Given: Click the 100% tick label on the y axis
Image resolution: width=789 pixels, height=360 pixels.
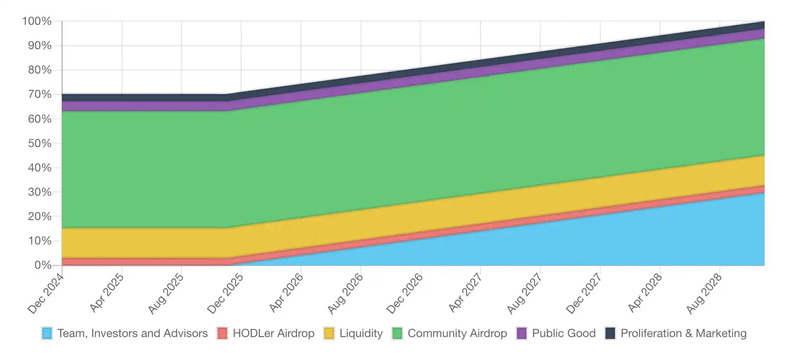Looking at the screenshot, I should point(37,21).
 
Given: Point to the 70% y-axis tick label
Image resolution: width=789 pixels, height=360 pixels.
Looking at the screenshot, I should point(40,95).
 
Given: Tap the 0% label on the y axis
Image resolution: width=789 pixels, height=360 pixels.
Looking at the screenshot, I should point(43,265).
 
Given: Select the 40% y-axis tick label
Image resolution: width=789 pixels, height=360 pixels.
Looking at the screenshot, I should point(40,168).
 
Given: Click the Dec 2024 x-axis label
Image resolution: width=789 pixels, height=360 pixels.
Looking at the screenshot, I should point(46,293).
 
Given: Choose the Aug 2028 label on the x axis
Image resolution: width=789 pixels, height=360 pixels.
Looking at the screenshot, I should point(704,294).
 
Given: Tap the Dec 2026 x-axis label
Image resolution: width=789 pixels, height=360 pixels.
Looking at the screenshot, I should point(405,293).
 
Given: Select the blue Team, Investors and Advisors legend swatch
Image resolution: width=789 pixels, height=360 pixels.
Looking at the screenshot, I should point(47,333).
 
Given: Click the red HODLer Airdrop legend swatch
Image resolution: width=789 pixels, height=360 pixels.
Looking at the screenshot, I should point(222,333).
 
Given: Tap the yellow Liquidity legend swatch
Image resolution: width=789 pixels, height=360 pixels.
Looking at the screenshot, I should point(329,333).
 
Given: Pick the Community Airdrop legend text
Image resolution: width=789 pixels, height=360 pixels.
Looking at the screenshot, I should point(457,333).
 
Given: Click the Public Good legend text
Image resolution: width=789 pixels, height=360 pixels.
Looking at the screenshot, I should point(564,333).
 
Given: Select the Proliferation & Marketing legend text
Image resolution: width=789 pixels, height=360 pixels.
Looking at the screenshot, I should point(683,333).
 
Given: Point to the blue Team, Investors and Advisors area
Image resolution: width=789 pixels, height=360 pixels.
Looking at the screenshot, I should point(621,239).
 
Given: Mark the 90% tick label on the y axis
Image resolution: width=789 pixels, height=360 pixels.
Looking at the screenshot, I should point(40,45).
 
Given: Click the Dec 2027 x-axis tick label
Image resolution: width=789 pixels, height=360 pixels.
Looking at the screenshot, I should point(584,293).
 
